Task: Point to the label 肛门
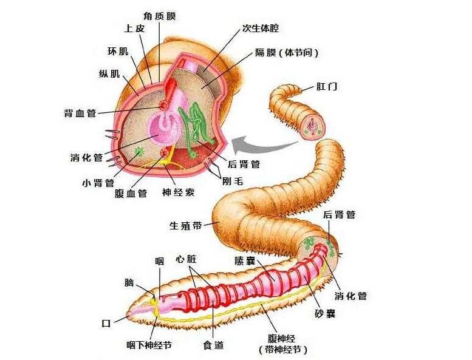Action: click(327, 86)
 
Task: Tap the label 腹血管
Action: click(131, 193)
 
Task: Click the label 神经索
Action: click(178, 193)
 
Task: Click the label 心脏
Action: click(186, 259)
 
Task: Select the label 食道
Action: click(213, 345)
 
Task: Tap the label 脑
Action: click(129, 283)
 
